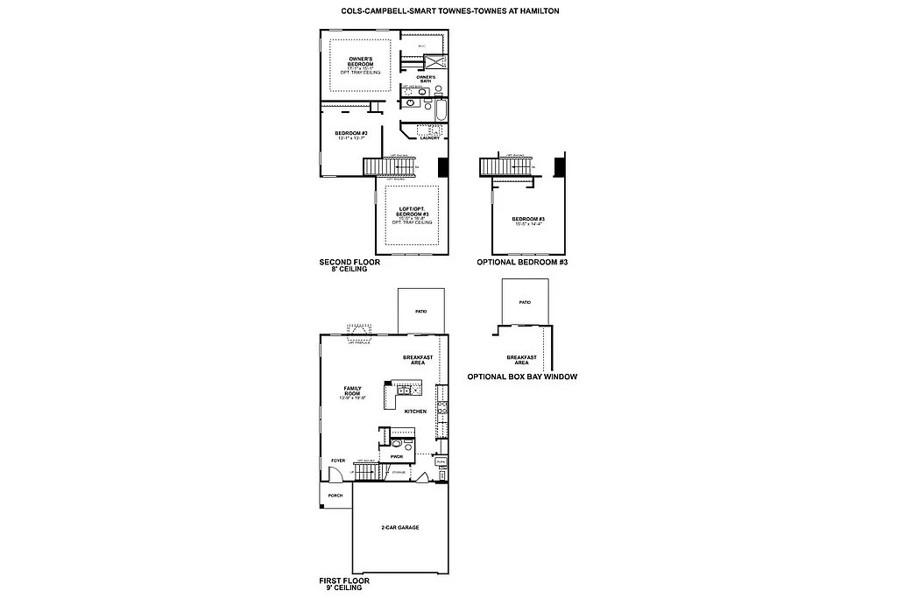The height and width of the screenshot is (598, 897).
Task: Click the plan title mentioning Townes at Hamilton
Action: [x=449, y=11]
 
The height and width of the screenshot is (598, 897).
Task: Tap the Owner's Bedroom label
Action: [x=361, y=63]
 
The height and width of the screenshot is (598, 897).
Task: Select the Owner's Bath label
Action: [x=426, y=79]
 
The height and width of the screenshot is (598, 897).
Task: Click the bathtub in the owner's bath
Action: [x=440, y=111]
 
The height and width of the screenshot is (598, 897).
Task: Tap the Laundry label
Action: [x=429, y=137]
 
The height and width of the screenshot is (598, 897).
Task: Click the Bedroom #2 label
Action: [x=350, y=135]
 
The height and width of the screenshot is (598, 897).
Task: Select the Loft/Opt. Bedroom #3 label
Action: [x=412, y=215]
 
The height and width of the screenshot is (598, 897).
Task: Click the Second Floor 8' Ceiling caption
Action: [x=343, y=265]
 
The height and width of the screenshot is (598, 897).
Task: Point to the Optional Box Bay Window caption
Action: [x=521, y=376]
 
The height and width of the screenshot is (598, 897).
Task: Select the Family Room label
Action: [x=352, y=392]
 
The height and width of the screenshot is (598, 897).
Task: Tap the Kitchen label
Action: [x=415, y=410]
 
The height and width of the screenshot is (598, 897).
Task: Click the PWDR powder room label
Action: [x=396, y=456]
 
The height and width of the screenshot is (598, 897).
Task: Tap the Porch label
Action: [x=335, y=496]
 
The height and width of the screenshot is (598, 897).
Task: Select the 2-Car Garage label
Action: [x=399, y=527]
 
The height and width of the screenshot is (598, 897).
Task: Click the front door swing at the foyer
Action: [x=334, y=474]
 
